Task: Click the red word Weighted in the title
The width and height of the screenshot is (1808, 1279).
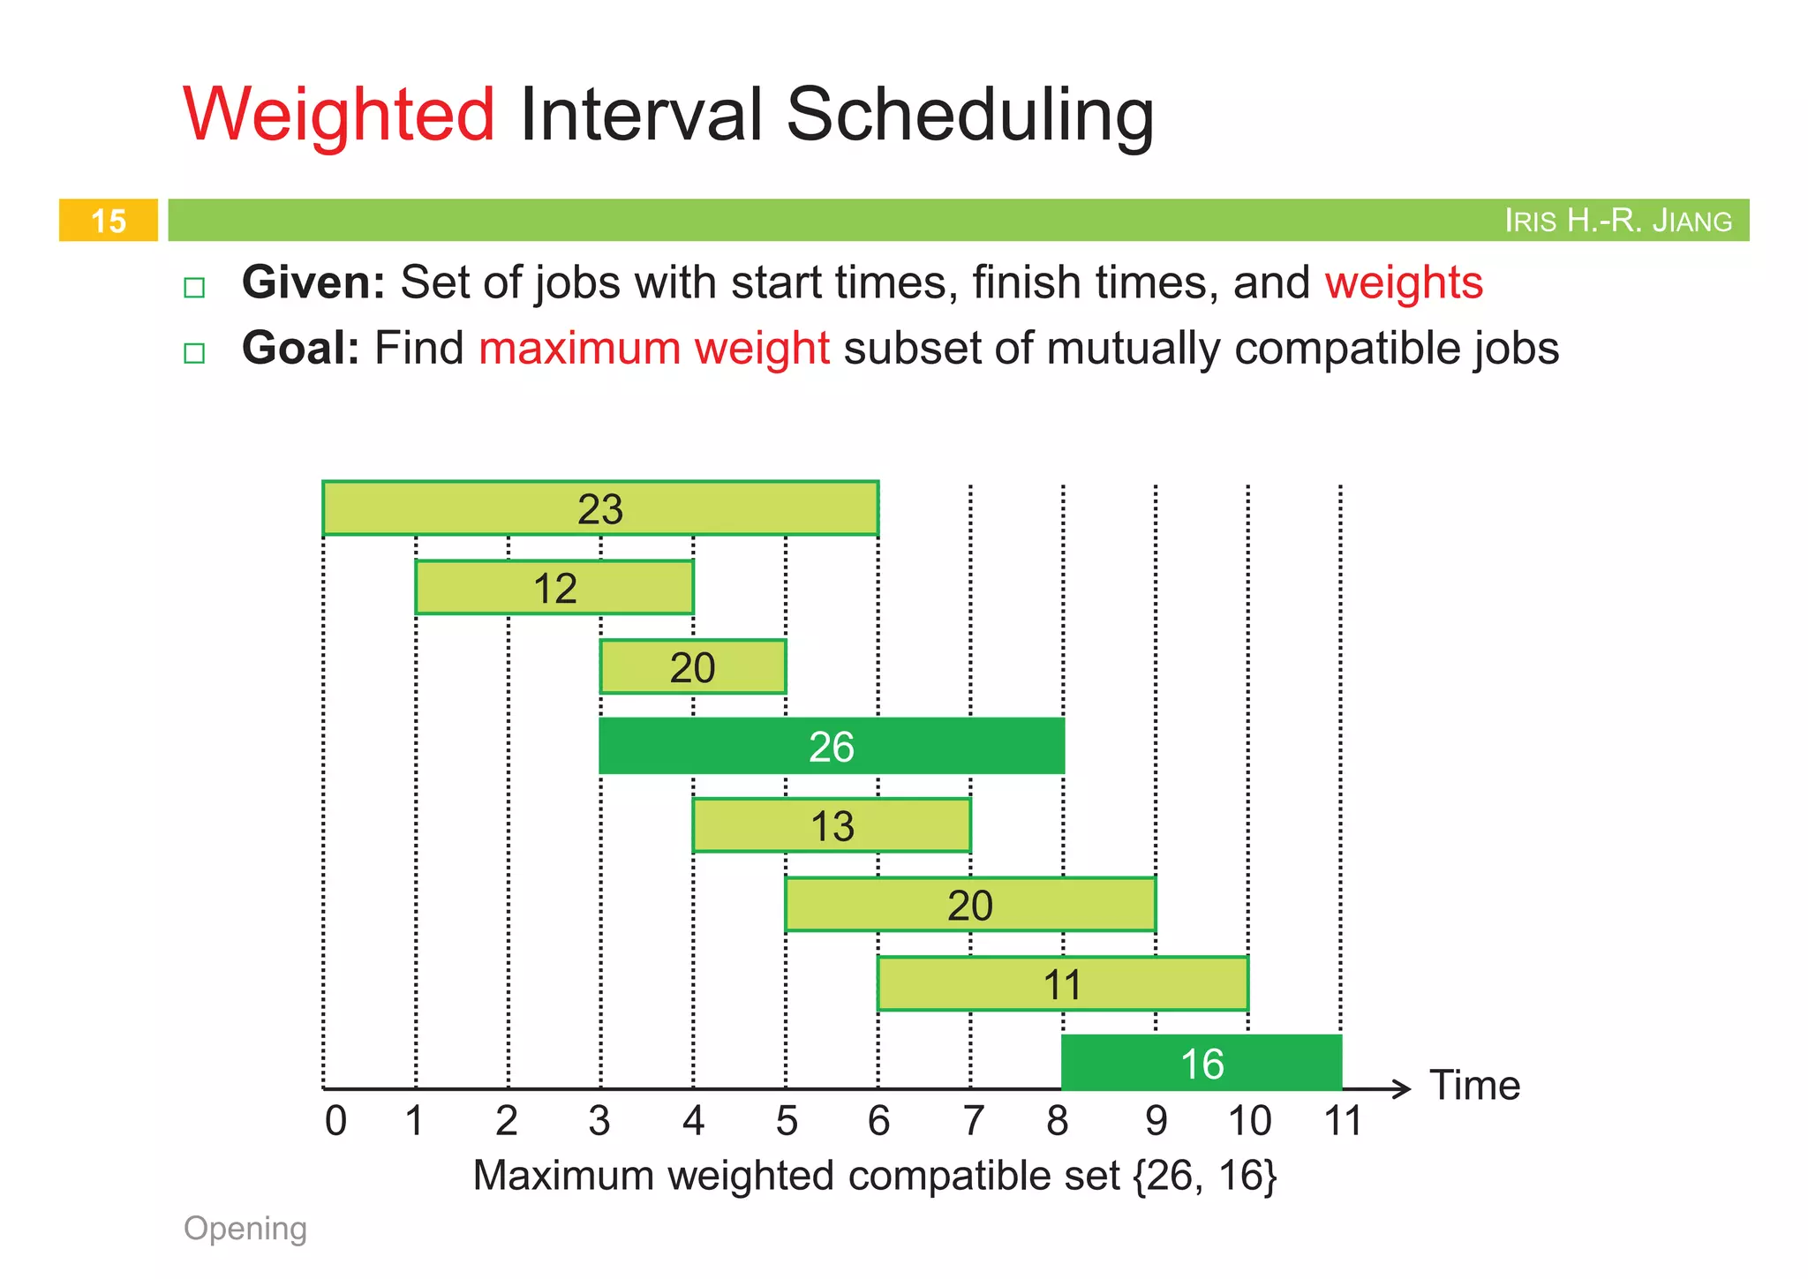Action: click(338, 115)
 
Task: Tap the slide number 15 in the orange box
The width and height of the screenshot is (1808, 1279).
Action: click(109, 221)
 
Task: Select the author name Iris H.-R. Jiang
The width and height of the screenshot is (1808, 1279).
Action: click(1617, 221)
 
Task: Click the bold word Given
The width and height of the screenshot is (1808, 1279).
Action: click(313, 283)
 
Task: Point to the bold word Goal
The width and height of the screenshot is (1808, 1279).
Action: click(300, 349)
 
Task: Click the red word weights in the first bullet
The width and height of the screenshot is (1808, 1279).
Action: click(1403, 283)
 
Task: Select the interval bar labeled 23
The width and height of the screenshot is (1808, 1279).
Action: click(600, 508)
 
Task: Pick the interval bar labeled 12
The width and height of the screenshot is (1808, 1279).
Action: click(554, 588)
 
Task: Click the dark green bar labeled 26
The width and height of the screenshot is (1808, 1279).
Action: click(831, 747)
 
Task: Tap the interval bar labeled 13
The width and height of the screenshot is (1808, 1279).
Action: click(832, 826)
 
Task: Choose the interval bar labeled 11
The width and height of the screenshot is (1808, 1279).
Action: click(1062, 984)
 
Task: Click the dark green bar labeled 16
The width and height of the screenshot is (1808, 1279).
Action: click(1202, 1064)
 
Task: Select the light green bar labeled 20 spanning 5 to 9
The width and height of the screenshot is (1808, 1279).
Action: click(969, 905)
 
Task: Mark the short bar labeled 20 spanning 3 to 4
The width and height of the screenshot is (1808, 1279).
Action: click(692, 667)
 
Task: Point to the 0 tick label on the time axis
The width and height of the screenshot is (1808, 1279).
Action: click(335, 1121)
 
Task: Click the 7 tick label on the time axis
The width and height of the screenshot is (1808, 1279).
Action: click(972, 1121)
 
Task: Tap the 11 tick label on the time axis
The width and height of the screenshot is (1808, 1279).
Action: click(1343, 1121)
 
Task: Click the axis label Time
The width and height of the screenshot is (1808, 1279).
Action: click(1474, 1086)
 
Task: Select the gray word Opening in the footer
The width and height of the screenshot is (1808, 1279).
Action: click(245, 1229)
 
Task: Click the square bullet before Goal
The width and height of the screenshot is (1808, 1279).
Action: click(194, 353)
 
